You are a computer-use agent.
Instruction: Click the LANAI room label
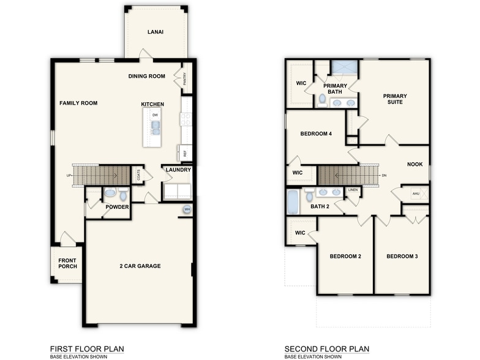156,32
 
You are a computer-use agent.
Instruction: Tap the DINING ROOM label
147,77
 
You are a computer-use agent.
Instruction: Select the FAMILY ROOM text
78,103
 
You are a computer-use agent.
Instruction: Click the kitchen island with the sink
152,126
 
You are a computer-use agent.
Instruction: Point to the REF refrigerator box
184,153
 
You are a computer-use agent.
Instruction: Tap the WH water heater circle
187,210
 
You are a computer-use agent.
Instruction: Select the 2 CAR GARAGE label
140,266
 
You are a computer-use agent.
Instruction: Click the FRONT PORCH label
67,264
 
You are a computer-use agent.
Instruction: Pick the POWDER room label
117,207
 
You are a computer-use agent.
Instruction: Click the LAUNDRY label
178,170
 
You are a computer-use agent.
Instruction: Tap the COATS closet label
139,175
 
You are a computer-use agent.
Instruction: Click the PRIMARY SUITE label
395,99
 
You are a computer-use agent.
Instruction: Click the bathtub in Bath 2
292,201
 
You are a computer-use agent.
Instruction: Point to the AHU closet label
416,193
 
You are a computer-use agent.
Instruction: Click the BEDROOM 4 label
316,133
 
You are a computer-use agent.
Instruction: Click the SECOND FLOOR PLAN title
326,349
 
